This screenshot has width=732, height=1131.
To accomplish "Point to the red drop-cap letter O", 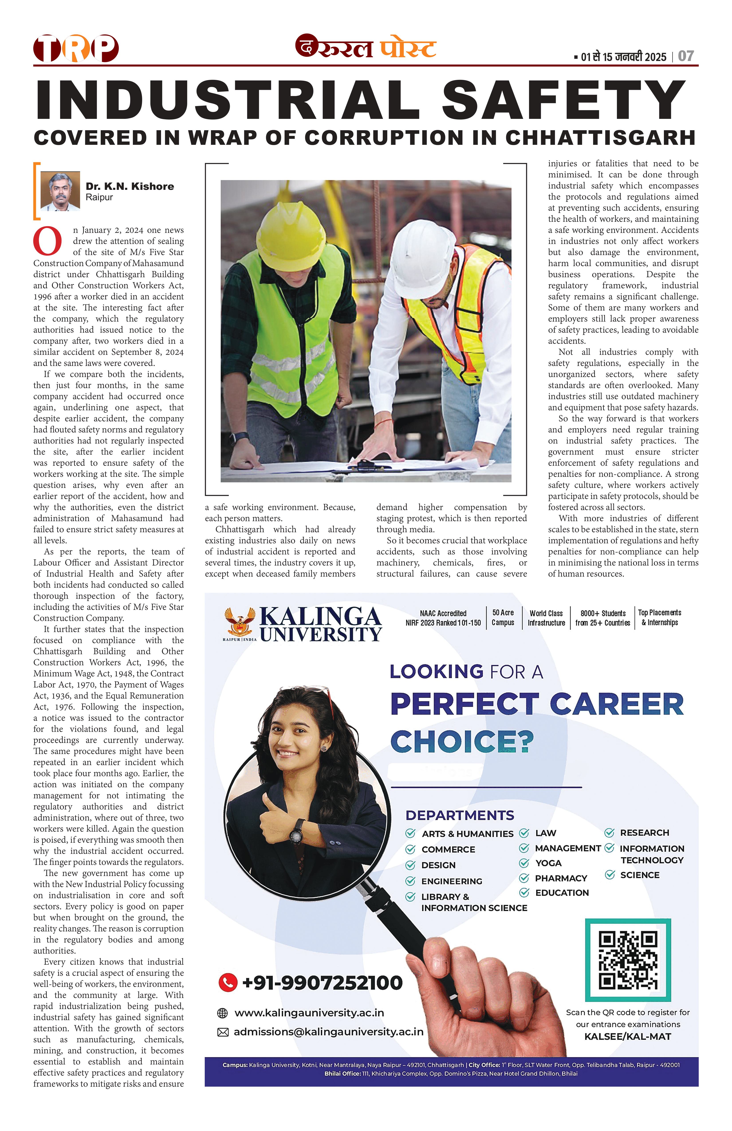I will click(47, 242).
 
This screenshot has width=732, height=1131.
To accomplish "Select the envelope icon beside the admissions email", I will click(222, 1032).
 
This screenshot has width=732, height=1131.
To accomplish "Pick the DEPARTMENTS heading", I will click(460, 815).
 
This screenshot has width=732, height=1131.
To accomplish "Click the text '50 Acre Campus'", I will click(503, 618).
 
